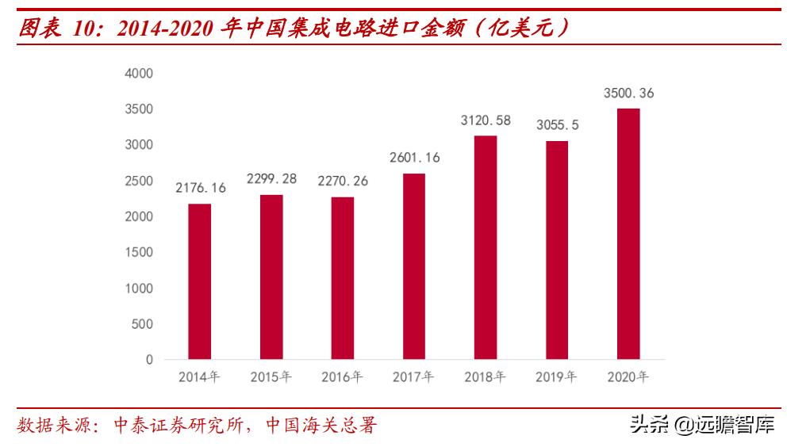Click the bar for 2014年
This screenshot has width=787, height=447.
tap(199, 281)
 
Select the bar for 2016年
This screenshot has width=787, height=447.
tap(342, 278)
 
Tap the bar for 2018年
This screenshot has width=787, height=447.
tap(485, 247)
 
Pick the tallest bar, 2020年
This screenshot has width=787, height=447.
tap(628, 234)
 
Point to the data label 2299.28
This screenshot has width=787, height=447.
tap(271, 178)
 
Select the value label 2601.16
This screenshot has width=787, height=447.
tap(413, 158)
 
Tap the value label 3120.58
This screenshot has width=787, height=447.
tap(485, 120)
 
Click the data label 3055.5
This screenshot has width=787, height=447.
tap(556, 125)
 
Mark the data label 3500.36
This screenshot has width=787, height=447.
tap(628, 94)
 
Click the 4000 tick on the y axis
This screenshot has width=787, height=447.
tap(139, 73)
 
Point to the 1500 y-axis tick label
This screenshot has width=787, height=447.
tap(139, 252)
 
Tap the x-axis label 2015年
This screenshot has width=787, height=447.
tap(271, 377)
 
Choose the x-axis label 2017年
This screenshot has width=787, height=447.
tap(413, 377)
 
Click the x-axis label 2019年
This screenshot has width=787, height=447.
tap(556, 377)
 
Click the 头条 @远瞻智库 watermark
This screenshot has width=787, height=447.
tap(702, 426)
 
